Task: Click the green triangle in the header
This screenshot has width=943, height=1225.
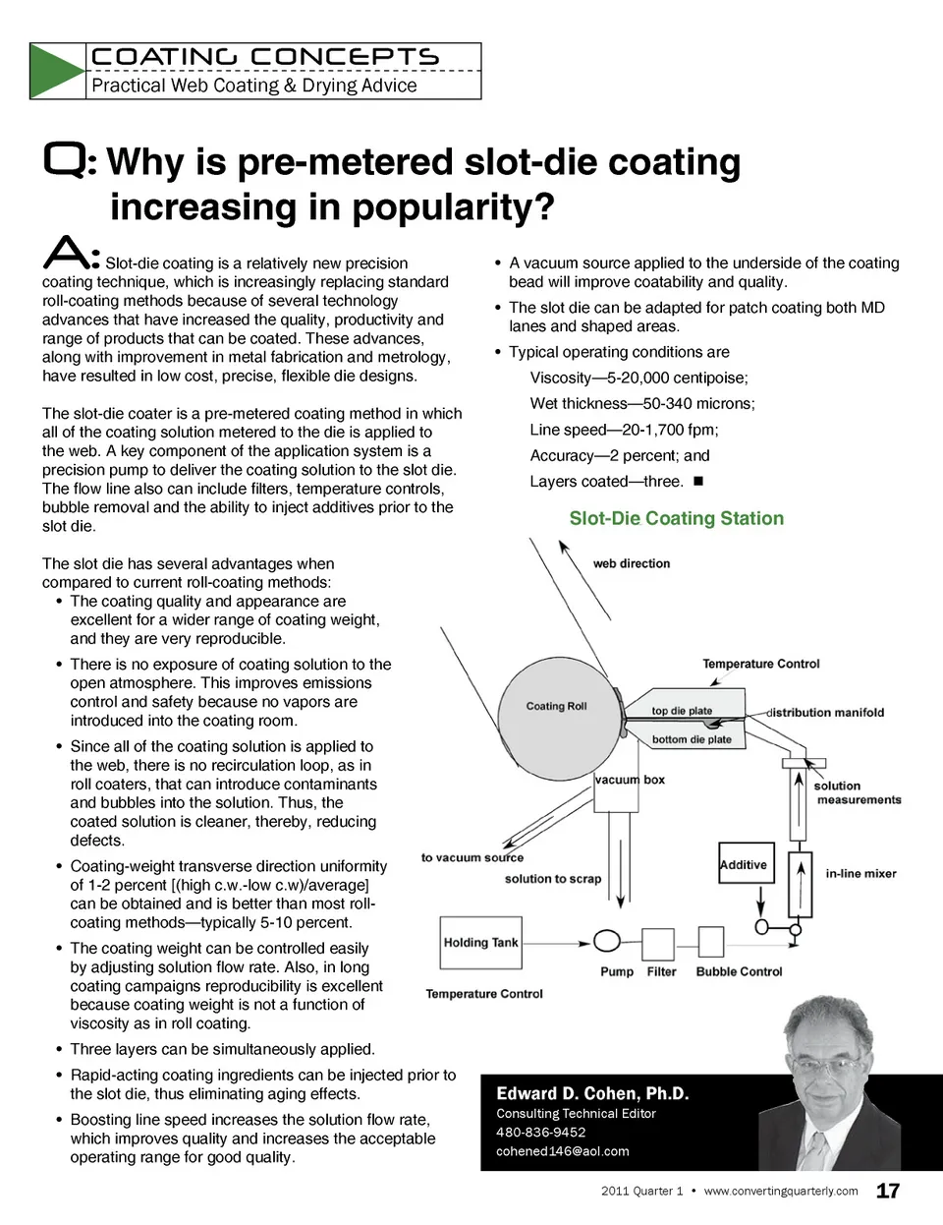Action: pyautogui.click(x=56, y=71)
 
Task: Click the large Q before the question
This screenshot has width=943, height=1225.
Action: pyautogui.click(x=66, y=160)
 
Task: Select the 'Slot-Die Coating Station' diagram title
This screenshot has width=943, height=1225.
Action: pyautogui.click(x=677, y=518)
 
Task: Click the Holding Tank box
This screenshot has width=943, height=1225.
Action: pyautogui.click(x=480, y=943)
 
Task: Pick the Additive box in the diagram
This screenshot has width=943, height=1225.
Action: pyautogui.click(x=744, y=865)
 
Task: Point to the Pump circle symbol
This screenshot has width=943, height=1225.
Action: pyautogui.click(x=607, y=941)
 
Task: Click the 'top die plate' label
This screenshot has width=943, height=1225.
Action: pyautogui.click(x=682, y=711)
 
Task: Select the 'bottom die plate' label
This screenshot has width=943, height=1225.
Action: pyautogui.click(x=692, y=739)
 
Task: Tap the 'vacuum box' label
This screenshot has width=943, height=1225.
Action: pyautogui.click(x=630, y=780)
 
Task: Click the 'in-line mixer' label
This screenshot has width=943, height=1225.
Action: pyautogui.click(x=860, y=873)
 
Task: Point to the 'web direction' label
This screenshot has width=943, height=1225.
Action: pyautogui.click(x=632, y=563)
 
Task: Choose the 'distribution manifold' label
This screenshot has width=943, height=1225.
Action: pyautogui.click(x=826, y=712)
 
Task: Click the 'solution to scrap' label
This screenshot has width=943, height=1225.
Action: pyautogui.click(x=553, y=879)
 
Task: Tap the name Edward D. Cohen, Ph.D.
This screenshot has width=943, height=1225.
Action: pyautogui.click(x=592, y=1093)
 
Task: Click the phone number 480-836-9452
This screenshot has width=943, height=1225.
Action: pyautogui.click(x=541, y=1132)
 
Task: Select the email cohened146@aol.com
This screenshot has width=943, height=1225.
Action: pyautogui.click(x=563, y=1151)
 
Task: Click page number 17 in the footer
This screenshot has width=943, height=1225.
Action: pyautogui.click(x=888, y=1191)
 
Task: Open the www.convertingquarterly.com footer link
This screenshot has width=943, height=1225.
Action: pyautogui.click(x=781, y=1191)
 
